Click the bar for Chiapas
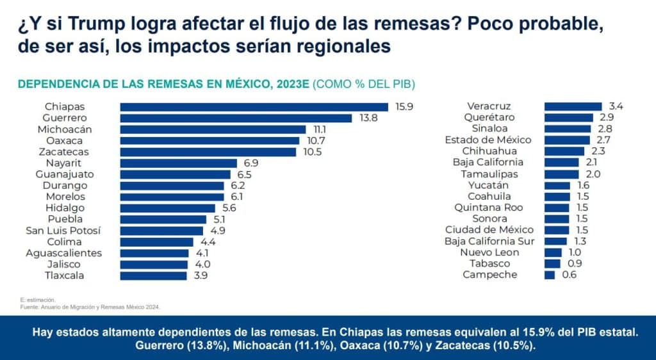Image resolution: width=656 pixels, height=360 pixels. (254, 107)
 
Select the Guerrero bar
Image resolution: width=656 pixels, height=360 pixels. (236, 118)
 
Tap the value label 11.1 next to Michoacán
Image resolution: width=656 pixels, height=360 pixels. (320, 129)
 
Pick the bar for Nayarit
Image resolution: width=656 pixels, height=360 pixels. (178, 163)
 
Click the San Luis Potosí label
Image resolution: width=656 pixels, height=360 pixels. (63, 231)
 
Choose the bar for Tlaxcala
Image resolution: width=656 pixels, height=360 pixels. (154, 275)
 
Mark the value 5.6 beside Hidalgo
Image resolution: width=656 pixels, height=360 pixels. (229, 208)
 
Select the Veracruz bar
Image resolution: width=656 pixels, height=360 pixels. (573, 106)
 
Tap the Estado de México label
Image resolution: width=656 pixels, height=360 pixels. (488, 140)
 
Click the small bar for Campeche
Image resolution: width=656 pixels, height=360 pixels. (550, 275)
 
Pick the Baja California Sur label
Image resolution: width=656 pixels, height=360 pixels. (489, 241)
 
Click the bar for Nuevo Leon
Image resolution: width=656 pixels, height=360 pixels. (553, 252)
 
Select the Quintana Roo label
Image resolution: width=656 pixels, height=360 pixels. (488, 208)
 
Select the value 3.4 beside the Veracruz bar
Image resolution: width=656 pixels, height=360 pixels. (616, 106)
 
